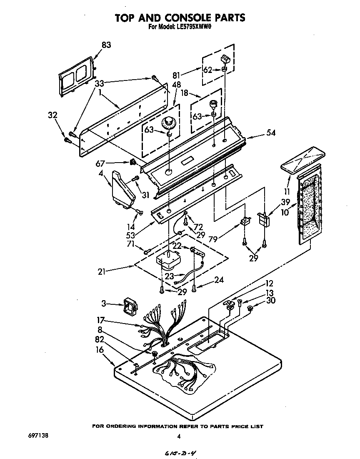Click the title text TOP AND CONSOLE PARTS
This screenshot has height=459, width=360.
click(x=180, y=18)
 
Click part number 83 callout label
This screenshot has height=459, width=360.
click(x=106, y=45)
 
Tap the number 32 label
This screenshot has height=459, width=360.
click(x=53, y=115)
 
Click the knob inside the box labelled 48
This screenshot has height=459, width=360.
click(x=169, y=123)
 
